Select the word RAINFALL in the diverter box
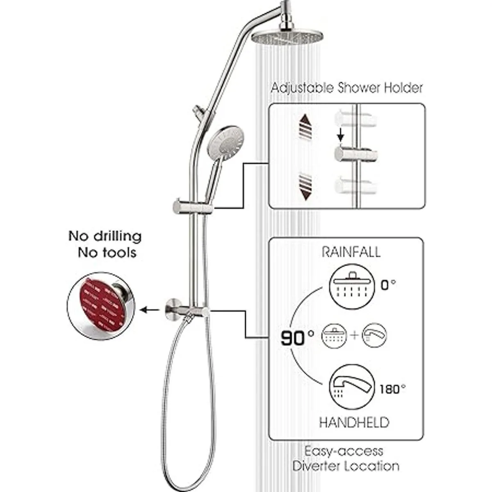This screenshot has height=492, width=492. pos(351,251)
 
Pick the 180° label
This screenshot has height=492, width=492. pos(393,388)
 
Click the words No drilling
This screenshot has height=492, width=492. pos(105,237)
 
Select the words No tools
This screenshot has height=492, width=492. pos(107,253)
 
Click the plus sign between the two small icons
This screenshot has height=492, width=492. pos(355,335)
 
